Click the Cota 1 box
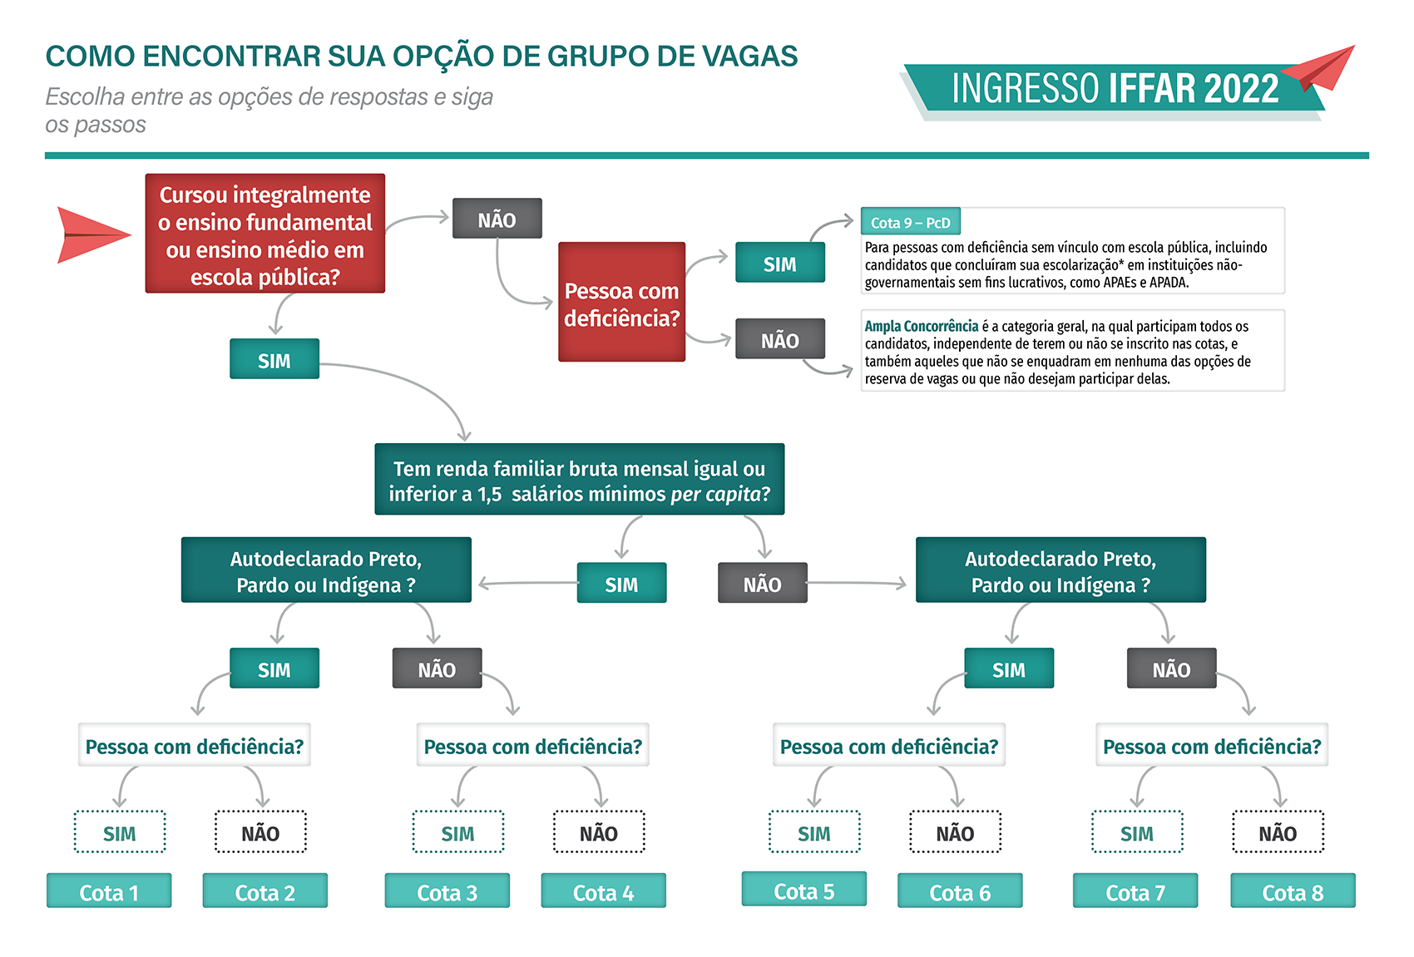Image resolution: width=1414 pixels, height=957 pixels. (109, 891)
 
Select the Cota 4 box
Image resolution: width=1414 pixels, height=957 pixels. (603, 891)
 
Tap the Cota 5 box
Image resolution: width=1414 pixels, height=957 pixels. (803, 890)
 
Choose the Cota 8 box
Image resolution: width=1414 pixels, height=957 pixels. (1293, 891)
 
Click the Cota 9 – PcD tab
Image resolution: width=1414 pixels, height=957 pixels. (911, 222)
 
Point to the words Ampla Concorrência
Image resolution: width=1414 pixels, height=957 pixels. (922, 327)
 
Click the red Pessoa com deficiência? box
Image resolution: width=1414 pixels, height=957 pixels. (621, 303)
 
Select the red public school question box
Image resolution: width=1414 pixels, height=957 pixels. (265, 234)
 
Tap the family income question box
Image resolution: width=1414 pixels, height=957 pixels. (580, 480)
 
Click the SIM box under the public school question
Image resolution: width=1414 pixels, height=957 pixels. (274, 359)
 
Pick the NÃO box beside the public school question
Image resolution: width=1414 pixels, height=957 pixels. (497, 219)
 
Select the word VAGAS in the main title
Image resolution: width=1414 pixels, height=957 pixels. (750, 57)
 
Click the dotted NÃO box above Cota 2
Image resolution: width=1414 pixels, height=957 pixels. (260, 832)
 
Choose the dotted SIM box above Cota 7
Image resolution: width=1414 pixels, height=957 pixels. (1137, 832)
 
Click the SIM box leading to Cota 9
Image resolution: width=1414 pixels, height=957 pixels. (780, 263)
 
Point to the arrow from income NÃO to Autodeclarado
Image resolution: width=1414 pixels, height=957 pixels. (857, 584)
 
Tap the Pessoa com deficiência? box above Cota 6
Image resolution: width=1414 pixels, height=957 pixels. (888, 746)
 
